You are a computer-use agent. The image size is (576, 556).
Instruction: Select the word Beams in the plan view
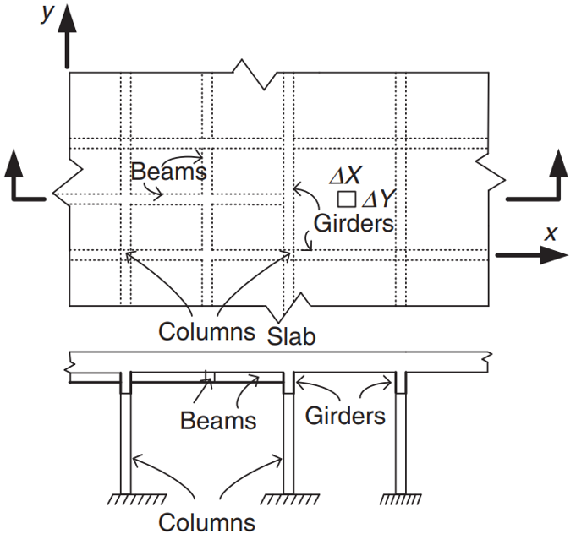point(169,172)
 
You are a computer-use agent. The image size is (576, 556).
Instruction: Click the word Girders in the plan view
point(354,224)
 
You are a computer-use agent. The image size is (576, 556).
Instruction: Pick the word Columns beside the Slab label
point(206,331)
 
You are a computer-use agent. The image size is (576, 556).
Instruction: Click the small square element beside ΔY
point(345,200)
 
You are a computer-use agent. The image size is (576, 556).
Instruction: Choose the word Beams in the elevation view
point(218,420)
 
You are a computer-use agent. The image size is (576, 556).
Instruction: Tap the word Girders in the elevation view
point(345,416)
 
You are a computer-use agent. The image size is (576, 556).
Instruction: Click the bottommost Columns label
point(206,522)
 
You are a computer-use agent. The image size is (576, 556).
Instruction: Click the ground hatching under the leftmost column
point(136,499)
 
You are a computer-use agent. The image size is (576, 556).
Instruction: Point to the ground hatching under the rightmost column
point(395,499)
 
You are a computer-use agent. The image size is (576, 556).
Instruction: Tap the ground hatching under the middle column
point(288,499)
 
